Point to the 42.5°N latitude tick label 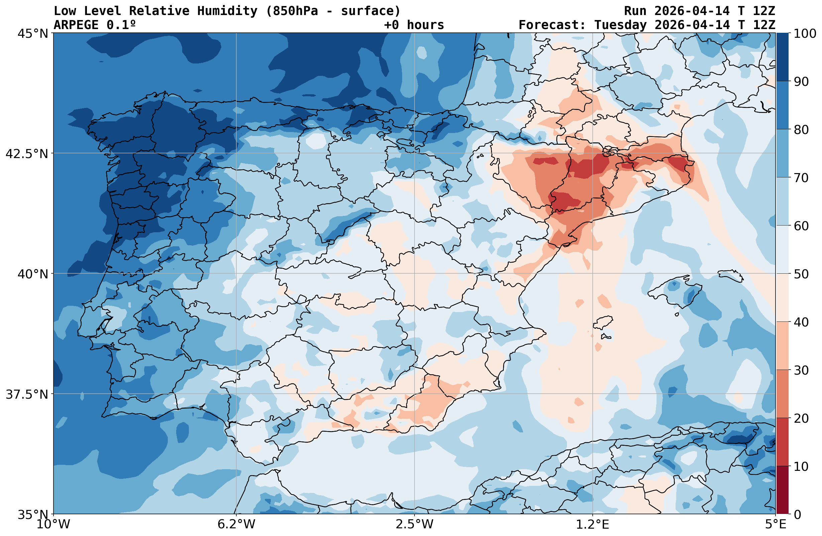[27, 153]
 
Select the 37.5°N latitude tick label [27, 394]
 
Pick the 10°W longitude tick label [53, 525]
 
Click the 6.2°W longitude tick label [236, 525]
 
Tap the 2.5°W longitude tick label [415, 525]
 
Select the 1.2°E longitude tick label [593, 525]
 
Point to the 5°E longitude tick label [776, 525]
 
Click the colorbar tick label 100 [805, 33]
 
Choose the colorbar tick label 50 [801, 274]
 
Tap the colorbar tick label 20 [801, 418]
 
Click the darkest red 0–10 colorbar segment [783, 490]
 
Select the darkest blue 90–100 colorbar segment [783, 57]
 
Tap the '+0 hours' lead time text [414, 25]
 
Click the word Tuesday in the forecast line [620, 25]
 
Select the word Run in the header [635, 11]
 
